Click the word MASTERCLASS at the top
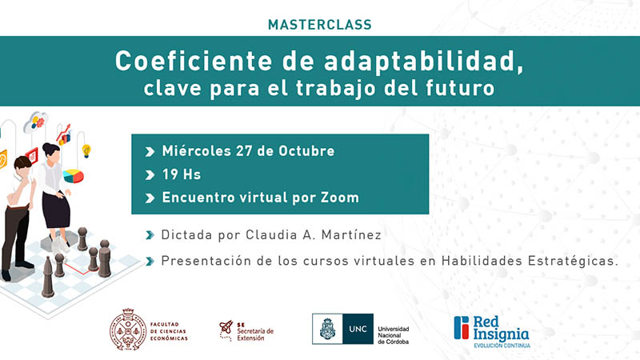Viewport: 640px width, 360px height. (319, 25)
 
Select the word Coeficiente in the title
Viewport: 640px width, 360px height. (194, 62)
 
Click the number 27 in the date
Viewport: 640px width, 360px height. (244, 151)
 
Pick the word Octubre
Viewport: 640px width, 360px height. (306, 151)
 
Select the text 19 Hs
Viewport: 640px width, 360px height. (182, 174)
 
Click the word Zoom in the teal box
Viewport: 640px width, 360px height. (339, 198)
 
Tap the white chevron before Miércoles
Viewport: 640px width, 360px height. (150, 152)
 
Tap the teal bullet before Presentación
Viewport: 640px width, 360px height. (150, 261)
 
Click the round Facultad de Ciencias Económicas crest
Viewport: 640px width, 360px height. (128, 330)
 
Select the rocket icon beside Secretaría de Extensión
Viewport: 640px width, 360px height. (226, 329)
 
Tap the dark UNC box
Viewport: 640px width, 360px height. (358, 329)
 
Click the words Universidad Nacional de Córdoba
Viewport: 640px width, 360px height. (394, 335)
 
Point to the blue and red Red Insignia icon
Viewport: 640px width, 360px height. (462, 327)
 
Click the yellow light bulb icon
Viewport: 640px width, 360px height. (86, 150)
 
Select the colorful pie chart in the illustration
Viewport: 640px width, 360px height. (74, 176)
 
